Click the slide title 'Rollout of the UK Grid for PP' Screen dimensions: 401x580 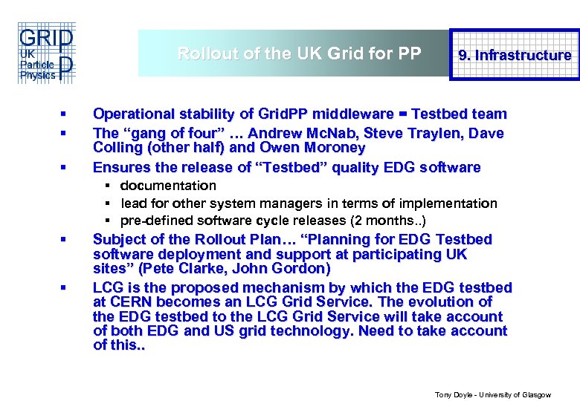coord(299,53)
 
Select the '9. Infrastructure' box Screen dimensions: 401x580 coord(515,55)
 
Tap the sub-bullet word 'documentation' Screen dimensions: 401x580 coord(168,186)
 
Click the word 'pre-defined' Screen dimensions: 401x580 coord(152,221)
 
